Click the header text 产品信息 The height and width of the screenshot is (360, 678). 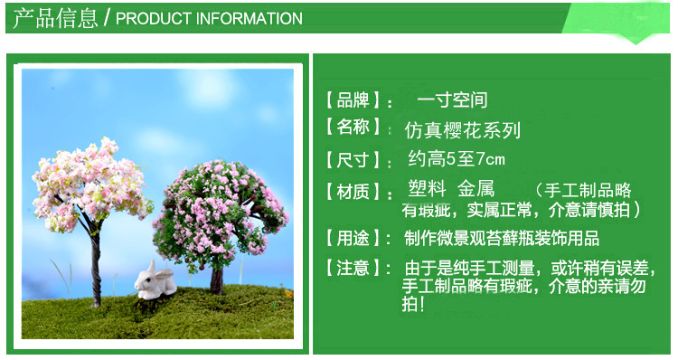click(55, 18)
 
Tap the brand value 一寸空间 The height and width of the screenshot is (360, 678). click(452, 99)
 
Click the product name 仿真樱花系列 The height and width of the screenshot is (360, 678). click(463, 129)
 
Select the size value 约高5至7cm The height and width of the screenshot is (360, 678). click(457, 160)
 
